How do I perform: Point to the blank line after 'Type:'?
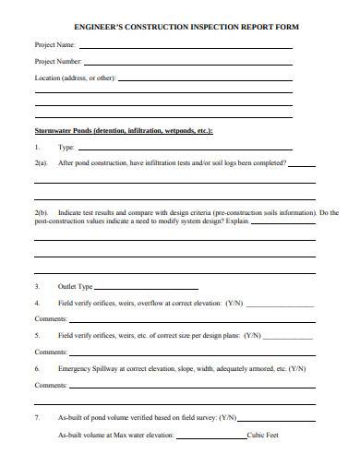click(x=185, y=149)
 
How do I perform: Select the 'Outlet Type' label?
click(x=76, y=286)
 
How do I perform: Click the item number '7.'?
click(x=37, y=417)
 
